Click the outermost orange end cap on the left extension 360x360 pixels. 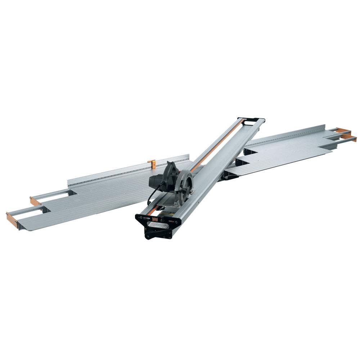pos(12,220)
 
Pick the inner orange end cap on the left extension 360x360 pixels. pos(35,201)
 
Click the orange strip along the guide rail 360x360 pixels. pos(216,144)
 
